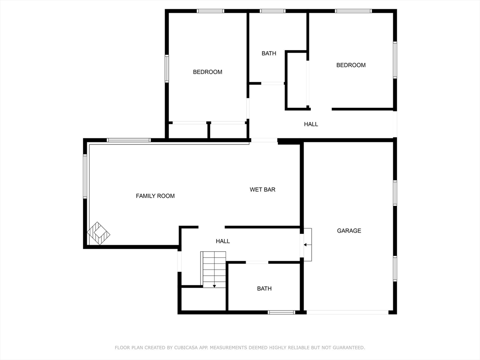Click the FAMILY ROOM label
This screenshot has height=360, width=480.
click(x=155, y=196)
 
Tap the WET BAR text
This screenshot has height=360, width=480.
click(x=262, y=190)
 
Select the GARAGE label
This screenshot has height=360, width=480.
click(x=349, y=231)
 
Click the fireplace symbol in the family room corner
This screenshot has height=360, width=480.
click(x=98, y=233)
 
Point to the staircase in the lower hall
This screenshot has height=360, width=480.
click(x=214, y=269)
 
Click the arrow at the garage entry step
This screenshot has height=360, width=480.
click(x=306, y=244)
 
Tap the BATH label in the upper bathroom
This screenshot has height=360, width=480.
click(x=269, y=53)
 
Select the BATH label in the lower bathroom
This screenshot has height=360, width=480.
click(x=264, y=289)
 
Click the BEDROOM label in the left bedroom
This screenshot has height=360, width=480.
click(x=208, y=72)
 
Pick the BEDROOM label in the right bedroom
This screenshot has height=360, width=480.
click(x=351, y=65)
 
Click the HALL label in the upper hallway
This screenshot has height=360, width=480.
click(x=311, y=124)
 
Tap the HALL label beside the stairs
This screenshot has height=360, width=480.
click(x=223, y=241)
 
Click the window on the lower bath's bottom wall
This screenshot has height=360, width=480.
click(x=281, y=312)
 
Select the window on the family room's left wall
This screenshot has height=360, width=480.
click(x=85, y=176)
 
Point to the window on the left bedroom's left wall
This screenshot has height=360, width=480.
click(x=167, y=68)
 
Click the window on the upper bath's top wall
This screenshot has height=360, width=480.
click(x=273, y=11)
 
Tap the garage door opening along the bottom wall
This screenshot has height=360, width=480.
click(x=347, y=312)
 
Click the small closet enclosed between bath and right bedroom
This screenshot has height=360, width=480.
click(x=296, y=81)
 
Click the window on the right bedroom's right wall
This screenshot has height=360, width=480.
click(x=395, y=60)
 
